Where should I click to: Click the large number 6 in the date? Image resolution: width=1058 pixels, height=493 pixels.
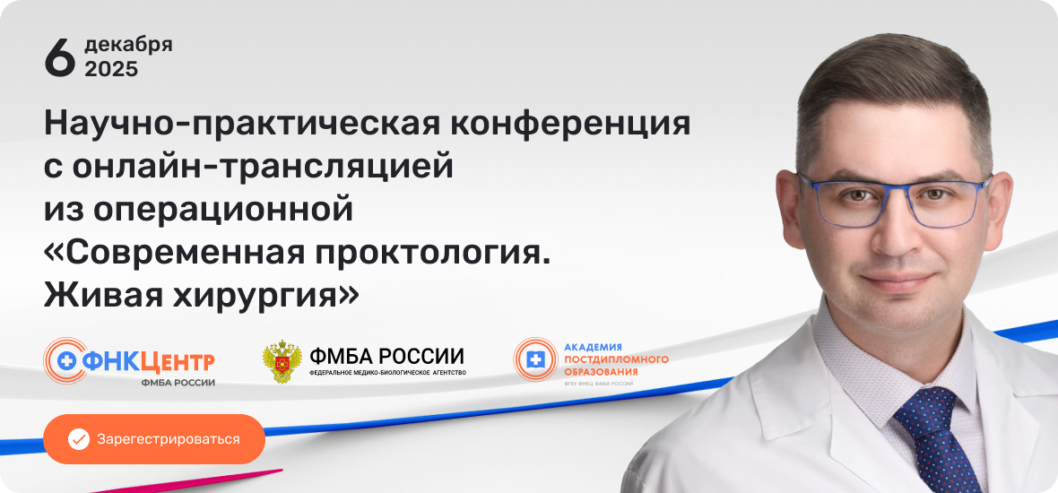pos(59,56)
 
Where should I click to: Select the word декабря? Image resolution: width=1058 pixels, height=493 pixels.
pos(128,45)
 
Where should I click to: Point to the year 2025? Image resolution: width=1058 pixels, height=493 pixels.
pos(111,69)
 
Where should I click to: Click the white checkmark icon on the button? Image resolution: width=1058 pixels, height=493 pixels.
pos(79,439)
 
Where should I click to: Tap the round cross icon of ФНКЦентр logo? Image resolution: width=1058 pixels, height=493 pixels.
pos(64,360)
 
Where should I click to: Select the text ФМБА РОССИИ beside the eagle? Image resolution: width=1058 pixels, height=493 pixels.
pos(386,354)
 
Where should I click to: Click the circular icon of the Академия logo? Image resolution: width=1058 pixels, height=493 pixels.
pos(535,359)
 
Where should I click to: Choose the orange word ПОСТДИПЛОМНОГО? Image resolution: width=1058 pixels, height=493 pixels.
pos(615,359)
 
